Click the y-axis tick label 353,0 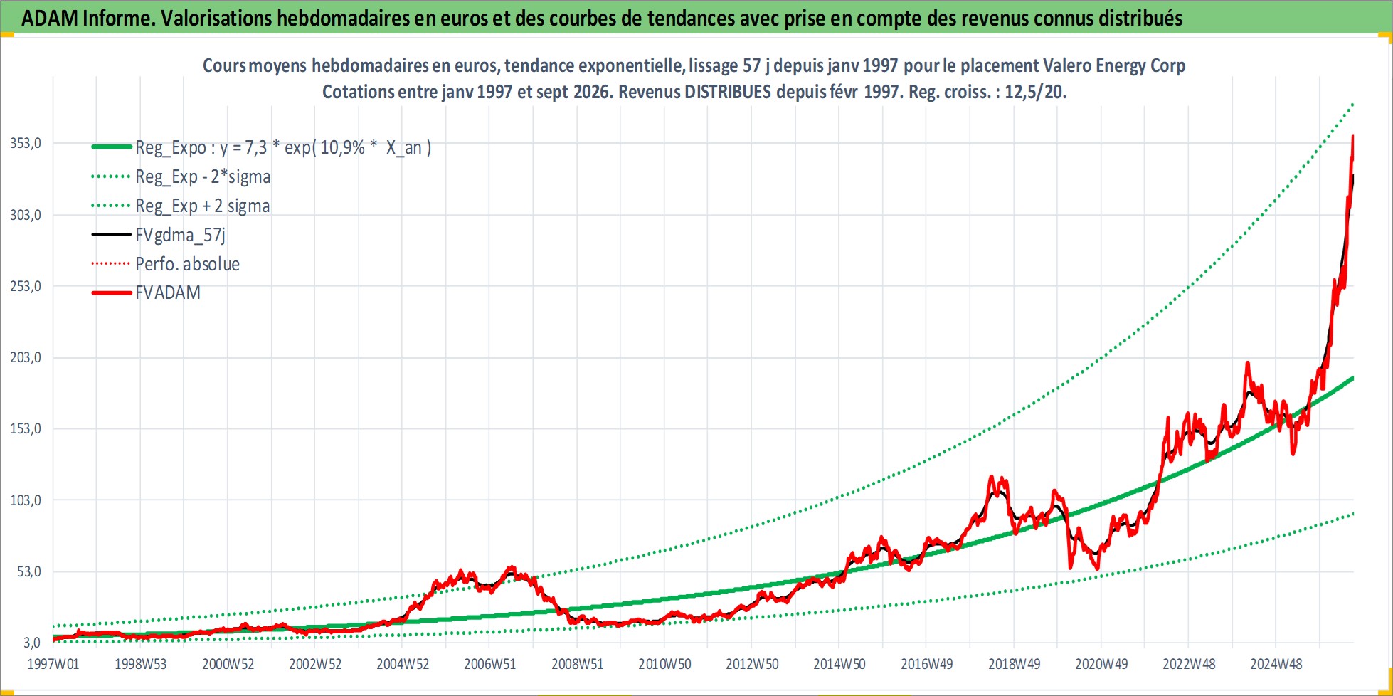26,143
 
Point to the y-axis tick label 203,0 26,357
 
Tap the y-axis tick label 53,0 29,571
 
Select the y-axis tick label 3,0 32,643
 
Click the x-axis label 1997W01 53,664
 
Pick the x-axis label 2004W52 403,664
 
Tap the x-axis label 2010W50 664,664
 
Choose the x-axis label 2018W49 1014,664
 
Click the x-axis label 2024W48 1276,664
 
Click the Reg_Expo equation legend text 283,147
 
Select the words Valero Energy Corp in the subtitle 1114,65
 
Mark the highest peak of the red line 1352,135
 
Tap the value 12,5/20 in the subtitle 1034,92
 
